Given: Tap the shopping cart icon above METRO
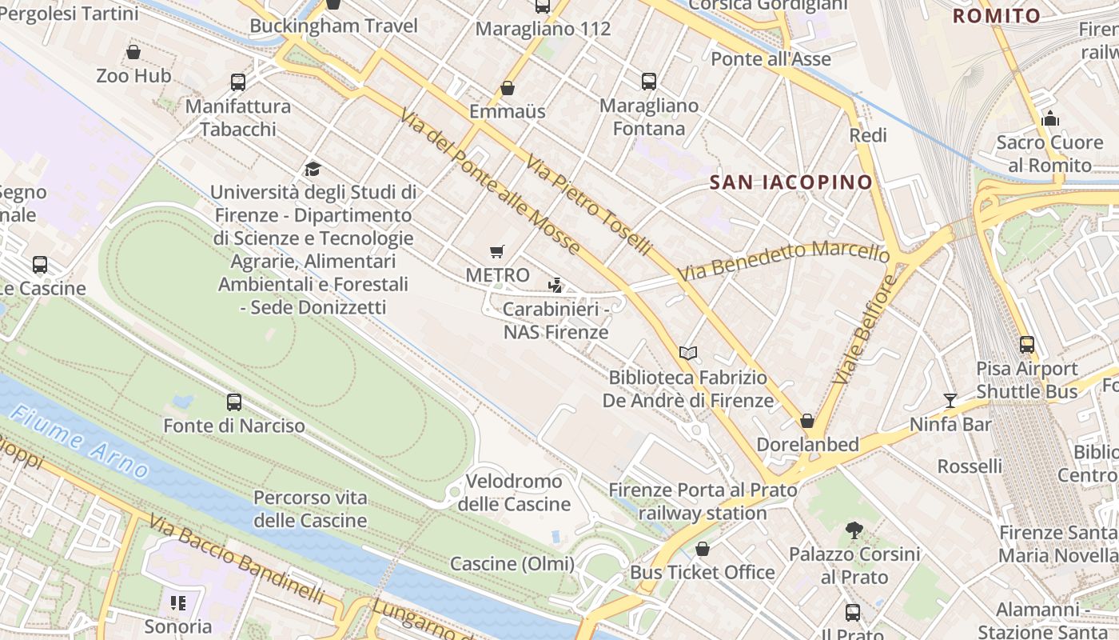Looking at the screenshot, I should [x=497, y=252].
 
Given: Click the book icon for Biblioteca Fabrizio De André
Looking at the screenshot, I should [x=687, y=353].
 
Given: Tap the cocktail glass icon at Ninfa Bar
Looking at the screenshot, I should [x=950, y=401].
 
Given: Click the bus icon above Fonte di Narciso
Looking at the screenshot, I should [x=234, y=402].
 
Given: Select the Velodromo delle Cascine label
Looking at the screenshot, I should [x=514, y=493].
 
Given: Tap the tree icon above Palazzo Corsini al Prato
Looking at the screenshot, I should [x=854, y=530].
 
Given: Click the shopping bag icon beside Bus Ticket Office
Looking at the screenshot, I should [x=702, y=549].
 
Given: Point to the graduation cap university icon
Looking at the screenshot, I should [x=313, y=169].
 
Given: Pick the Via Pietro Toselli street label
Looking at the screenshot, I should [x=587, y=205].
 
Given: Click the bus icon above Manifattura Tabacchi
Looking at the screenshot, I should [x=238, y=82].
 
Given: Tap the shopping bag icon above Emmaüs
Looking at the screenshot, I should [x=507, y=88].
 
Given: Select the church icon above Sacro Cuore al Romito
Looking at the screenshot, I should [x=1050, y=119].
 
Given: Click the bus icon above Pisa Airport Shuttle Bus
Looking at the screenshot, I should [x=1027, y=345].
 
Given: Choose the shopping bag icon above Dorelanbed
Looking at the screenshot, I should [x=807, y=421].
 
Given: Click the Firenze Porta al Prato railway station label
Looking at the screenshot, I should [x=703, y=502].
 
